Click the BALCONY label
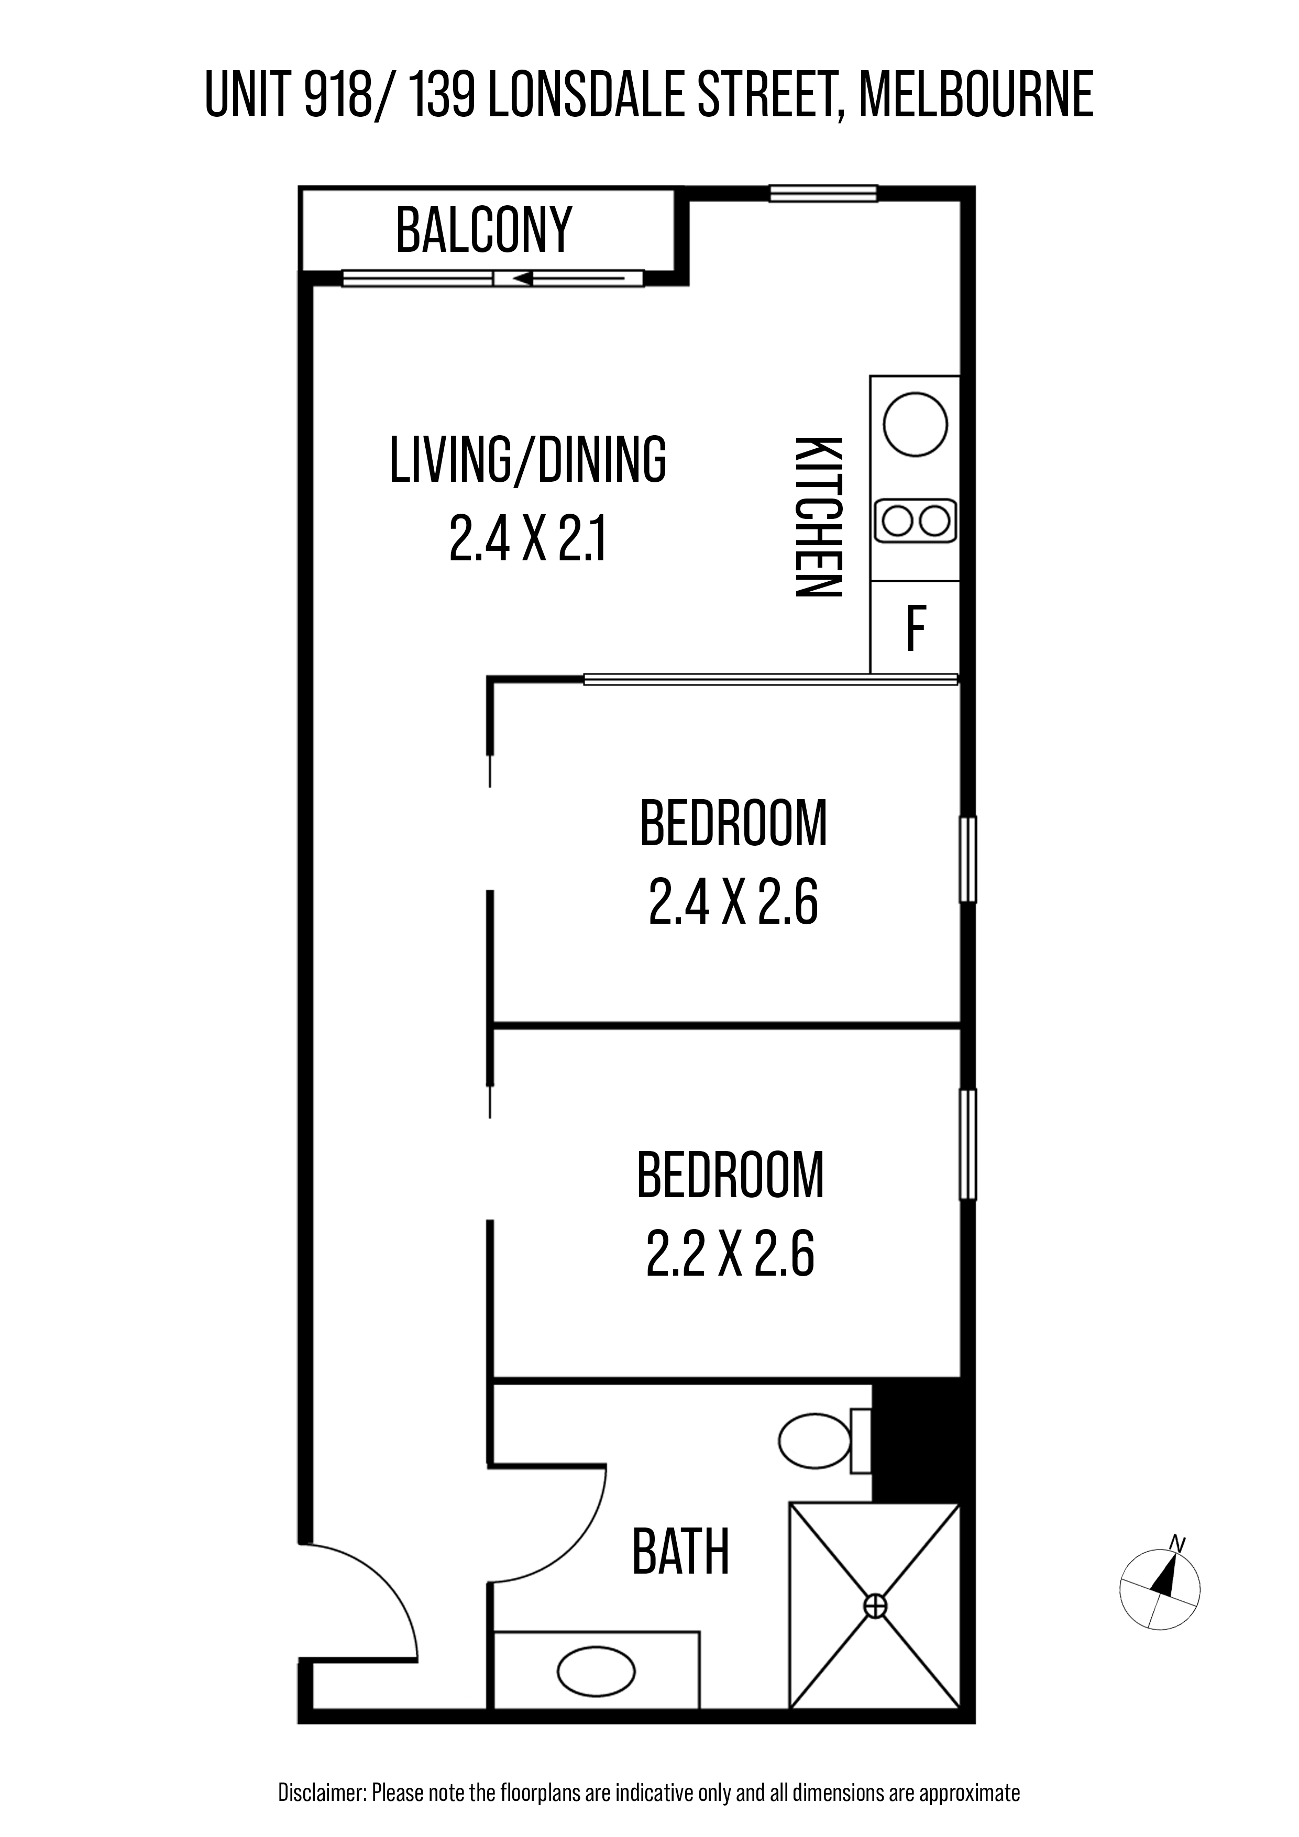tap(484, 229)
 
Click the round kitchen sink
tap(915, 425)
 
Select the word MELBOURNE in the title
tap(976, 95)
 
